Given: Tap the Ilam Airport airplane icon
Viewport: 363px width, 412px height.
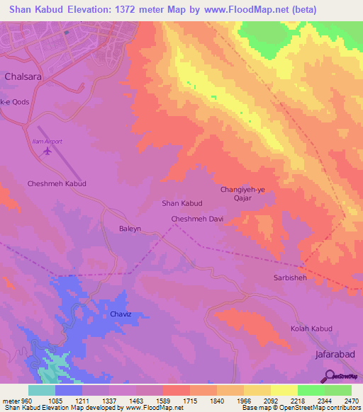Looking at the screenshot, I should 48,151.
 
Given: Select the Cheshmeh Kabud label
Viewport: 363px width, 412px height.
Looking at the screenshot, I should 57,183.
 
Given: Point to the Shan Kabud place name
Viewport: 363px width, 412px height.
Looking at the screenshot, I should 182,203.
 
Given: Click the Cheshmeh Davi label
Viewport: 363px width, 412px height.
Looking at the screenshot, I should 198,219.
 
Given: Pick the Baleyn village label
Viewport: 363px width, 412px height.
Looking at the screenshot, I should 131,229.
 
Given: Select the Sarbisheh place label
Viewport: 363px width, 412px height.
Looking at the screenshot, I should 290,278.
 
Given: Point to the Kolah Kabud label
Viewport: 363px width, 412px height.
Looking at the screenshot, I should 311,329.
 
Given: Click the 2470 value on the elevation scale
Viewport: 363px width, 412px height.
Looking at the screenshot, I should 352,401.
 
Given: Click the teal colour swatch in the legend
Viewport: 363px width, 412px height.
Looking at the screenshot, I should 42,390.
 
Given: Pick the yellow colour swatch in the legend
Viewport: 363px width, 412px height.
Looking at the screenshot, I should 284,390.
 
